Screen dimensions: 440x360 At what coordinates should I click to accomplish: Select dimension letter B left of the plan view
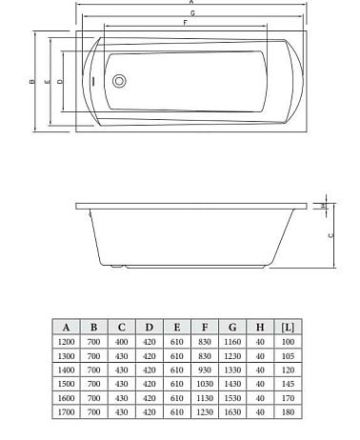[x=30, y=82]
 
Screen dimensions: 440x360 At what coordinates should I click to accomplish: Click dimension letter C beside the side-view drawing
[x=330, y=233]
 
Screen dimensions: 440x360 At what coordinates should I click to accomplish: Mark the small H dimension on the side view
[x=324, y=205]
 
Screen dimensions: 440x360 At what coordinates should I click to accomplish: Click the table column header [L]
[x=288, y=327]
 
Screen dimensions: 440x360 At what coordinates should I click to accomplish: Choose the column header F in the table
[x=204, y=327]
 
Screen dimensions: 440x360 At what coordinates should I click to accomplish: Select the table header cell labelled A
[x=66, y=327]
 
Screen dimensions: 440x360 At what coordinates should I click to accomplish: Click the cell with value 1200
[x=66, y=341]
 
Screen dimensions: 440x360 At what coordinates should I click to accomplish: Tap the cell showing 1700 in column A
[x=66, y=412]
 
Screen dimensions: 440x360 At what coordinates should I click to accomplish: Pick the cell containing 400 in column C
[x=121, y=341]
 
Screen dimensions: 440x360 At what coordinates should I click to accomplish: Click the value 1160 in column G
[x=231, y=341]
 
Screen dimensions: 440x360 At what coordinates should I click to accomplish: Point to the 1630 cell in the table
[x=231, y=412]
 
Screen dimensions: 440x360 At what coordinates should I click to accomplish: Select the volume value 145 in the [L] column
[x=288, y=384]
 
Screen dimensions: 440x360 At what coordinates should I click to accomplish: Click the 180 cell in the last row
[x=288, y=412]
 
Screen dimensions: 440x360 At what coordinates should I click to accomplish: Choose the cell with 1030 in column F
[x=204, y=384]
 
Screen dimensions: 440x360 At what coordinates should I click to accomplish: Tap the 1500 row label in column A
[x=66, y=384]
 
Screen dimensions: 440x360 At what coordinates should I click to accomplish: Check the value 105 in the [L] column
[x=288, y=355]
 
